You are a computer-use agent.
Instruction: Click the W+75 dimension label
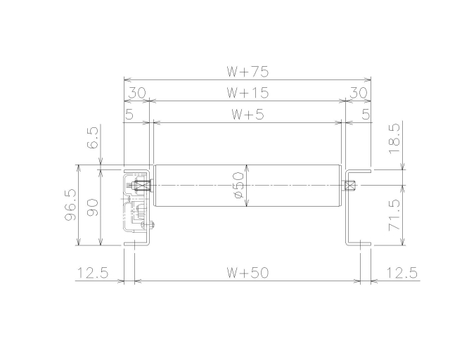coord(247,72)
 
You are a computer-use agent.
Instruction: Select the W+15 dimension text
coord(247,93)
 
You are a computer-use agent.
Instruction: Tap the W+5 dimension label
coord(247,115)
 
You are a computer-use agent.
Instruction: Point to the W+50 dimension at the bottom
coord(247,272)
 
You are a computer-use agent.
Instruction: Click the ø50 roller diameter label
coord(238,185)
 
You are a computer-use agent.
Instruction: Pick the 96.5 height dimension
coord(70,205)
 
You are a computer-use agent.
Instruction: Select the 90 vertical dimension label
coord(92,208)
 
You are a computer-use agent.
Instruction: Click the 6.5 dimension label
coord(92,138)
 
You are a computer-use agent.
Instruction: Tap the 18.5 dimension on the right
coord(394,139)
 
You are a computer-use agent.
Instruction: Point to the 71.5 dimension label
coord(394,215)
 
